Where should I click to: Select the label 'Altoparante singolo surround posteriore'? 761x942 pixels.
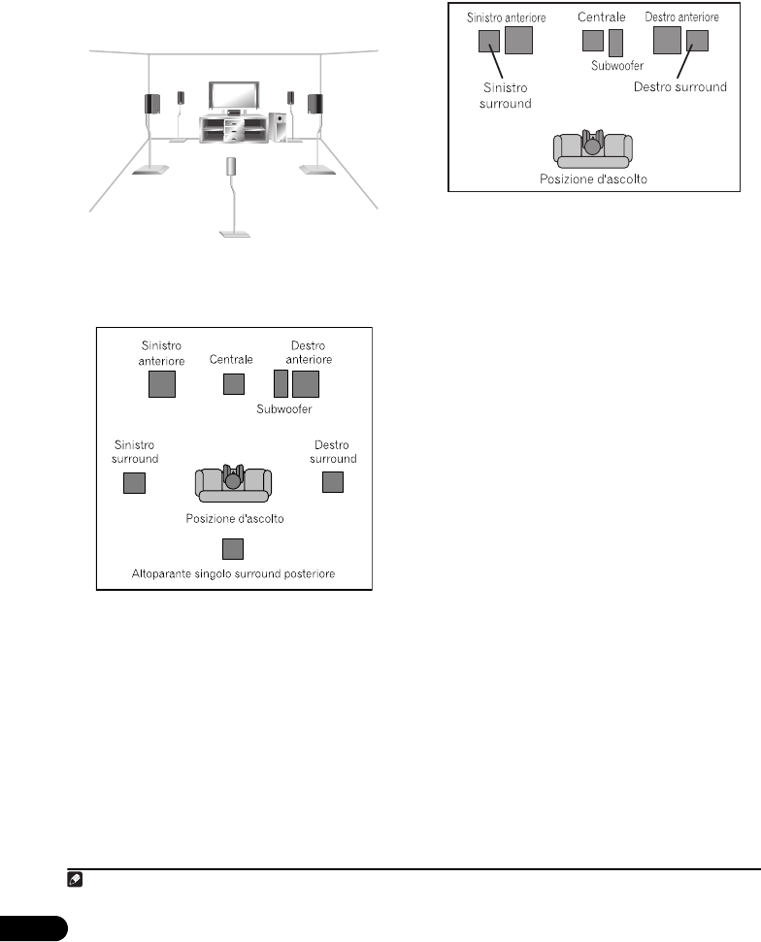pyautogui.click(x=233, y=574)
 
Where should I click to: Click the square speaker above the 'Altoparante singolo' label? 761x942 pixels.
pyautogui.click(x=232, y=550)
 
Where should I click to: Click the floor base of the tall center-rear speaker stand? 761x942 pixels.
pyautogui.click(x=233, y=233)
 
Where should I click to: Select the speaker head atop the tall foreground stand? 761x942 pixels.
pyautogui.click(x=232, y=165)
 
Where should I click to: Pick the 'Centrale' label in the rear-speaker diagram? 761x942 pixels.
pyautogui.click(x=232, y=359)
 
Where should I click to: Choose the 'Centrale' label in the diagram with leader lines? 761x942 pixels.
pyautogui.click(x=601, y=17)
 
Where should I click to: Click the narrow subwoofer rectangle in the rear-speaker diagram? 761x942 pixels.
pyautogui.click(x=281, y=384)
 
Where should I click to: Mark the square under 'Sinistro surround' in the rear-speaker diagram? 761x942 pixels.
pyautogui.click(x=135, y=482)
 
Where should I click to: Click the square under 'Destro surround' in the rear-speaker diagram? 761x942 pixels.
pyautogui.click(x=333, y=482)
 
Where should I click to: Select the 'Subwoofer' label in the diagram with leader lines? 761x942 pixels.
pyautogui.click(x=617, y=66)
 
